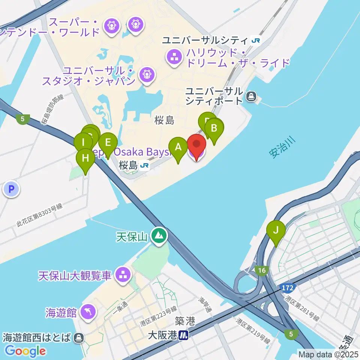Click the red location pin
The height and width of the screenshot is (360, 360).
tap(196, 145)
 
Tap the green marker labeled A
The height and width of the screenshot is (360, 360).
tap(178, 148)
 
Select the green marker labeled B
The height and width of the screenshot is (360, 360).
tap(214, 129)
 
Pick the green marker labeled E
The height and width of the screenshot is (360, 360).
tap(108, 143)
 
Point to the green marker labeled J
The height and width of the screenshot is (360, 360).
tap(276, 231)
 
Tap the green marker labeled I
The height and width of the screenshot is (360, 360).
tap(83, 143)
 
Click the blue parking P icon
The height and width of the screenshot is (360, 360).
tap(11, 189)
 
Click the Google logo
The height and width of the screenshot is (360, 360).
tap(25, 351)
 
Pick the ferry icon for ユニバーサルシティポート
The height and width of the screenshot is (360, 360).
tap(250, 97)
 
